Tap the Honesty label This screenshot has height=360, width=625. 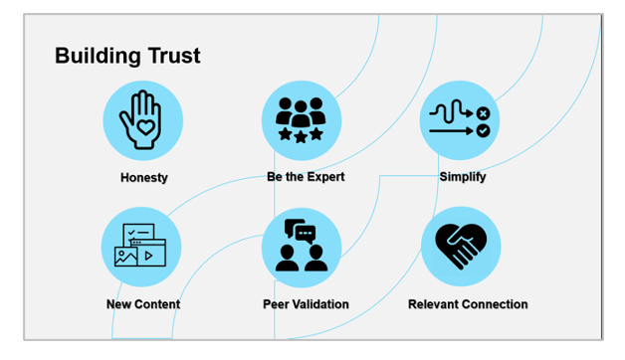coord(143,178)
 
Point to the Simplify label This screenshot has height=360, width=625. coord(462,177)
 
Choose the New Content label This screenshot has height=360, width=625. coord(143,304)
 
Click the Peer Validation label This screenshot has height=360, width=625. coord(306,304)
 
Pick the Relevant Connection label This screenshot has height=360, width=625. coord(468,304)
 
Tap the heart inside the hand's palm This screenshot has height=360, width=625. coord(143,128)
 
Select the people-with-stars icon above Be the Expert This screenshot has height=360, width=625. coord(301,118)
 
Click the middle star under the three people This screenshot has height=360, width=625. coord(301,134)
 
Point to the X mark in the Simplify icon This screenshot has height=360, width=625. coord(483,113)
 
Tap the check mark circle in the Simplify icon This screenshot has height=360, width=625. coord(483,130)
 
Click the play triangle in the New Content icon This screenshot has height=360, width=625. coord(149,256)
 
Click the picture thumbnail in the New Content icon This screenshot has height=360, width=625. coord(126,256)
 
